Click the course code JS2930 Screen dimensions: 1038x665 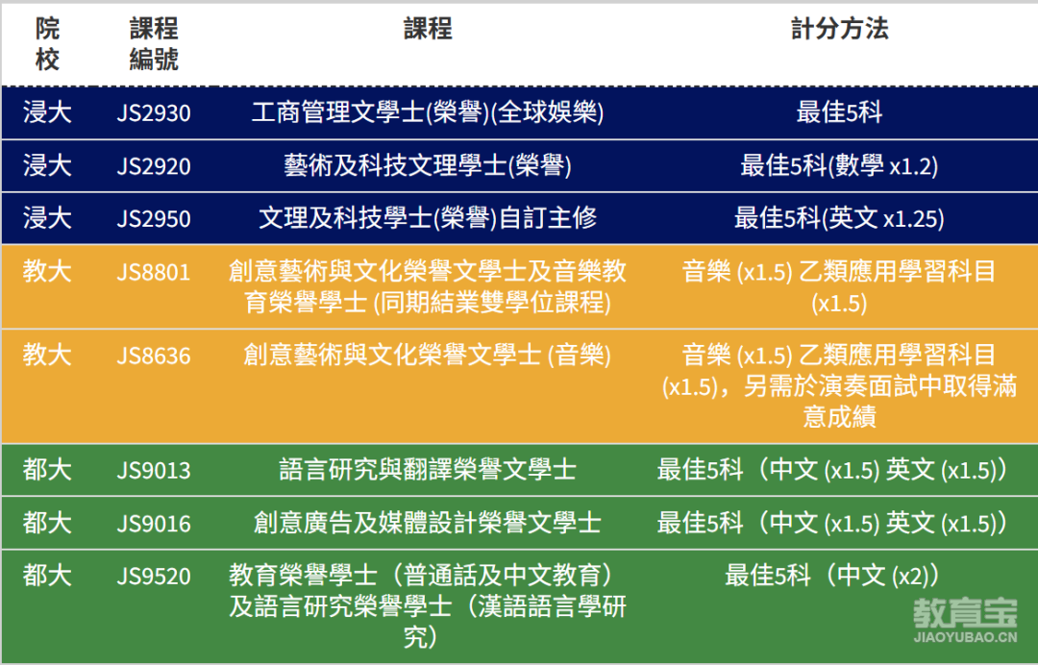tap(154, 112)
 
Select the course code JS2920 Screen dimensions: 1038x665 tap(154, 165)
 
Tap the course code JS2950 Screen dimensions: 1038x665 tap(154, 218)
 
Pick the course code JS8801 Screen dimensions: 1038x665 tap(154, 272)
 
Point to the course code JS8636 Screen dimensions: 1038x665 tap(154, 356)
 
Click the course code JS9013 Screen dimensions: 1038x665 tap(154, 471)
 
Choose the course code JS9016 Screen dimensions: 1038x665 tap(154, 524)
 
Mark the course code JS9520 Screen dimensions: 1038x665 tap(154, 577)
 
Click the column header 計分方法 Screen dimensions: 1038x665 tap(839, 29)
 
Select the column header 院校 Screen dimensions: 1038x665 tap(47, 43)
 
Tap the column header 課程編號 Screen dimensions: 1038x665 tap(154, 43)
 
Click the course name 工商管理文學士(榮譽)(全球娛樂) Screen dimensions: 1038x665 tap(428, 112)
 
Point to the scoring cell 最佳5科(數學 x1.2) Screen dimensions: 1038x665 tap(839, 165)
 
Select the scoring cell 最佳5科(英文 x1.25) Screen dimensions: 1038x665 tap(839, 218)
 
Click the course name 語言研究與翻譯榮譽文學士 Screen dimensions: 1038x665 tap(428, 470)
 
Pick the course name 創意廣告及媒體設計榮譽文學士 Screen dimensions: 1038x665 tap(428, 523)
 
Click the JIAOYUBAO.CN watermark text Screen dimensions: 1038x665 tap(965, 637)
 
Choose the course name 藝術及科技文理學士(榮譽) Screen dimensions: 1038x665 tap(428, 165)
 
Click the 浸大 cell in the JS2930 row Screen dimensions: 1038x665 tap(47, 111)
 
